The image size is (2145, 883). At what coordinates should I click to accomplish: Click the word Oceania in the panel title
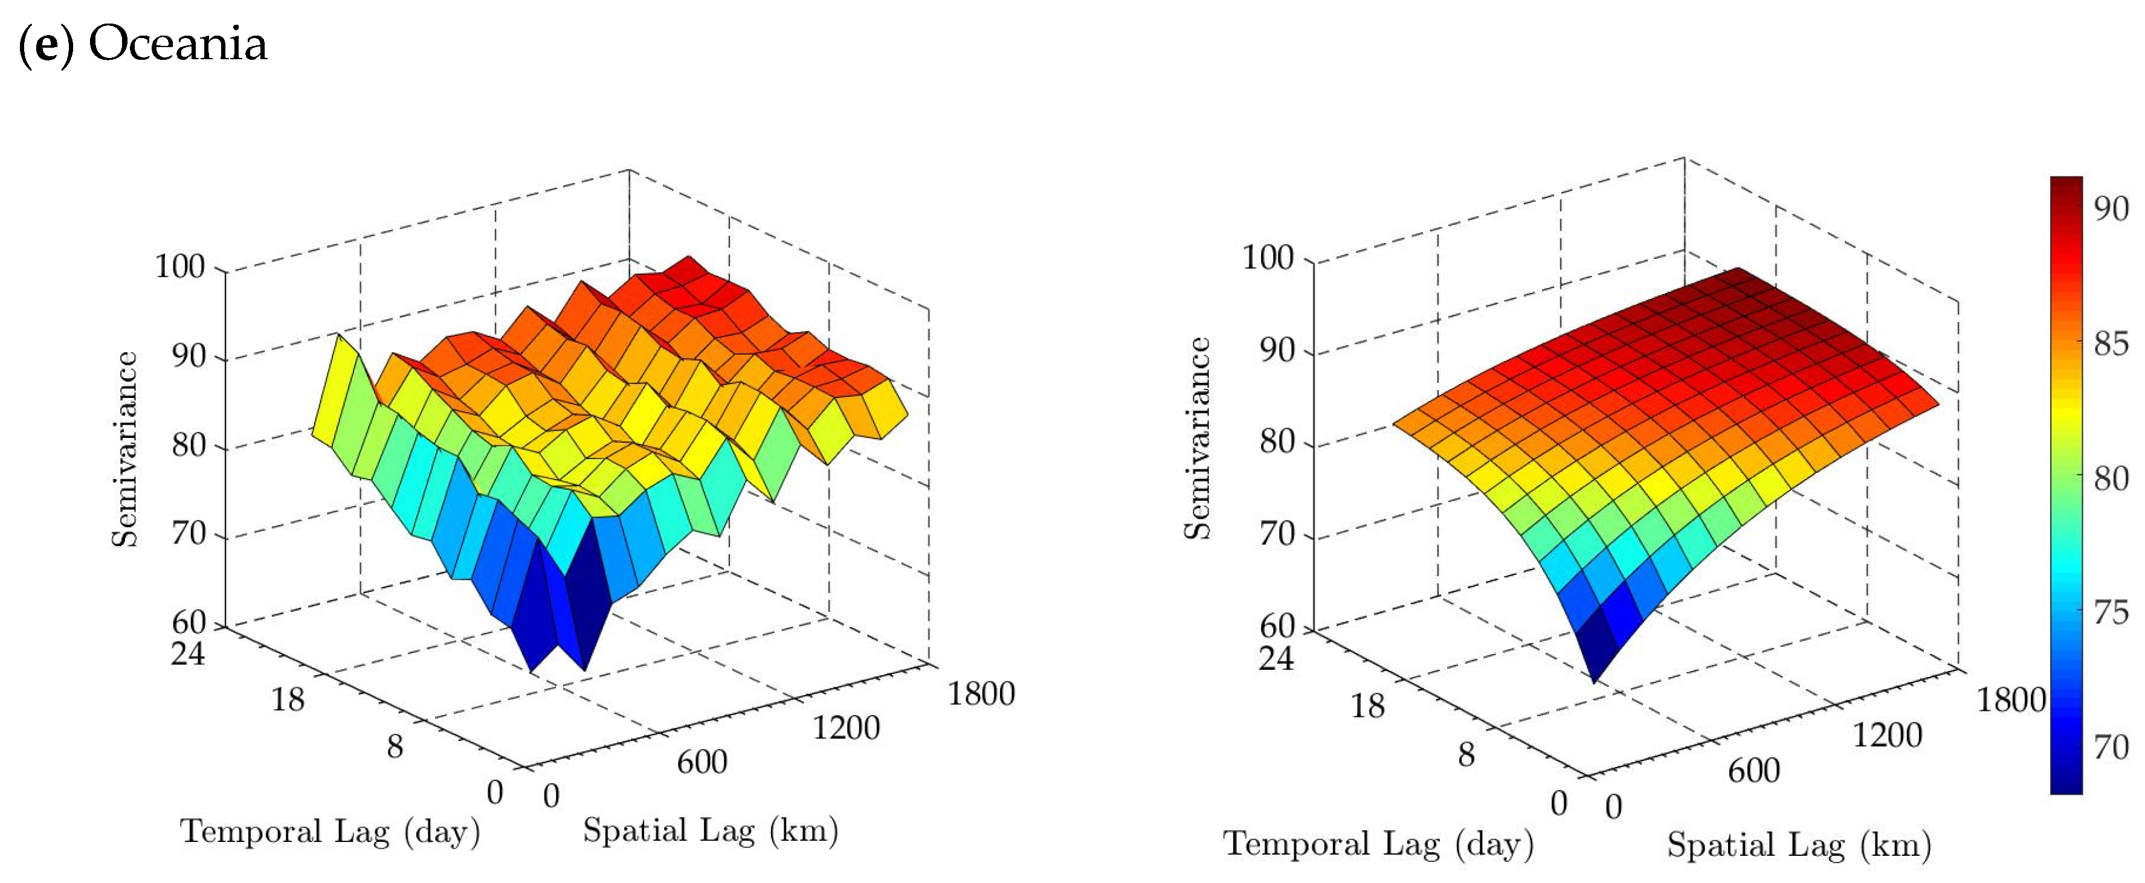[178, 43]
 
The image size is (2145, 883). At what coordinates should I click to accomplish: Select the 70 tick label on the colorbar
[2111, 747]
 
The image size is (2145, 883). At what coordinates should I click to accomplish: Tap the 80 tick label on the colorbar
[2111, 478]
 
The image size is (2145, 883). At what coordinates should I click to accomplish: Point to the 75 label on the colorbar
[2111, 614]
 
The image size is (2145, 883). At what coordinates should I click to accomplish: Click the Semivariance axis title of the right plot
[1198, 438]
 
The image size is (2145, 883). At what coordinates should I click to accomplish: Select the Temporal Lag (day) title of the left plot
[331, 832]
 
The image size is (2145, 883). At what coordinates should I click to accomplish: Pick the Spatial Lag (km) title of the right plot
[1799, 845]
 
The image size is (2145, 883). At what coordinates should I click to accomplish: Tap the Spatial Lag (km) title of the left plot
[711, 830]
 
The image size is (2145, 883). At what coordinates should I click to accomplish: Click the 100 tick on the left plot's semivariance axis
[180, 266]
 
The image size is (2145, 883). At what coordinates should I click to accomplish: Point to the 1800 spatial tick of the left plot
[981, 693]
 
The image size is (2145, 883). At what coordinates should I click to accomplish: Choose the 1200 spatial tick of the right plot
[1887, 736]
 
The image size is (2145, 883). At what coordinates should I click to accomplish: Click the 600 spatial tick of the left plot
[702, 762]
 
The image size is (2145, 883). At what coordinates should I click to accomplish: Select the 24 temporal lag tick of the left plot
[188, 653]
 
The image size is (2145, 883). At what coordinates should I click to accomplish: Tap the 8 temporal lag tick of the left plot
[395, 747]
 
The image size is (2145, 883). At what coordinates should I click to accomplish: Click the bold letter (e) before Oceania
[47, 45]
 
